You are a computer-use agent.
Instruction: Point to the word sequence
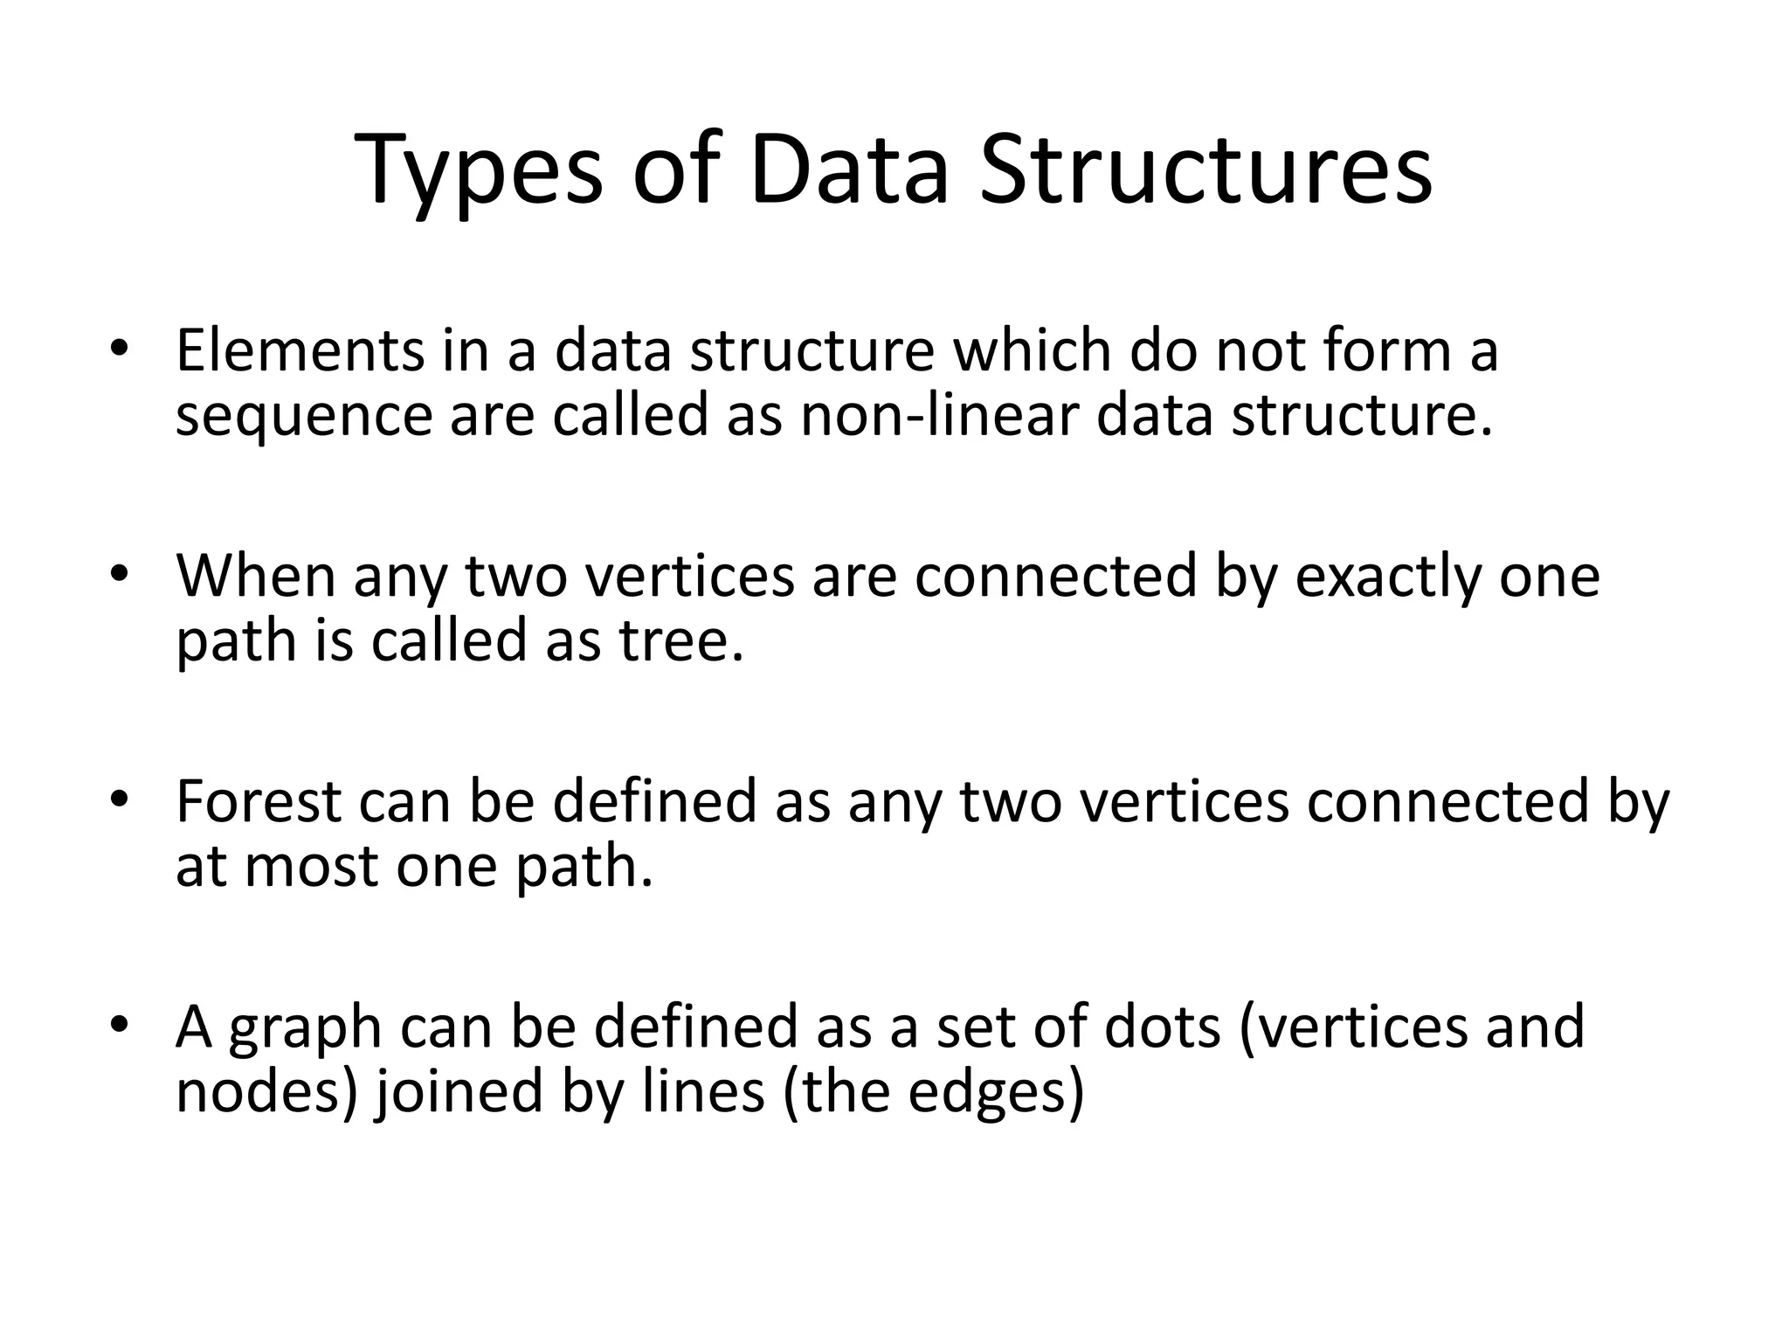click(303, 416)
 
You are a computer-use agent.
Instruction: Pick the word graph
click(306, 1027)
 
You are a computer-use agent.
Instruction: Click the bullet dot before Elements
click(120, 349)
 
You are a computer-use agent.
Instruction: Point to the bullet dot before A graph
click(120, 1025)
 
